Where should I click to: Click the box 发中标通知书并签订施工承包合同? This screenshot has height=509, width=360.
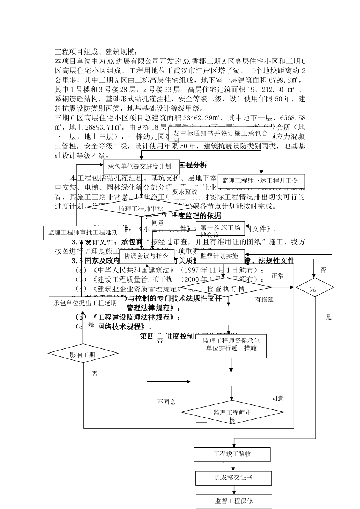click(x=220, y=134)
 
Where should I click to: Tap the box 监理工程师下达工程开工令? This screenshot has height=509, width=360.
click(x=260, y=180)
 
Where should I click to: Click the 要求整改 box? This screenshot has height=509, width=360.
click(x=185, y=192)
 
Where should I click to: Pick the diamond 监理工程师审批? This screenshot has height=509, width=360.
click(x=141, y=209)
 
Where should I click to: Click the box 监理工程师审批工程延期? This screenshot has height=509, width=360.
click(x=83, y=232)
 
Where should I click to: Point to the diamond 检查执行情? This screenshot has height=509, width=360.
click(x=226, y=289)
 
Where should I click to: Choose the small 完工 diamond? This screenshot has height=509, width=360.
click(x=314, y=289)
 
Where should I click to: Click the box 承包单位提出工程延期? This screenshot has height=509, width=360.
click(x=85, y=303)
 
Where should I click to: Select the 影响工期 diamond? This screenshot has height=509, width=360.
click(x=83, y=354)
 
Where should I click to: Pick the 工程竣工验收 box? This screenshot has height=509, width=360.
click(x=232, y=454)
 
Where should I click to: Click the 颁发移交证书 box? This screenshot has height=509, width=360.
click(x=233, y=478)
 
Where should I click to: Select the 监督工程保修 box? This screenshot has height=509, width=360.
click(x=234, y=501)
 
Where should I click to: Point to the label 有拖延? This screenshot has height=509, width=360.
click(x=264, y=300)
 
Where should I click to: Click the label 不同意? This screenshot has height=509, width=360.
click(x=166, y=402)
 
